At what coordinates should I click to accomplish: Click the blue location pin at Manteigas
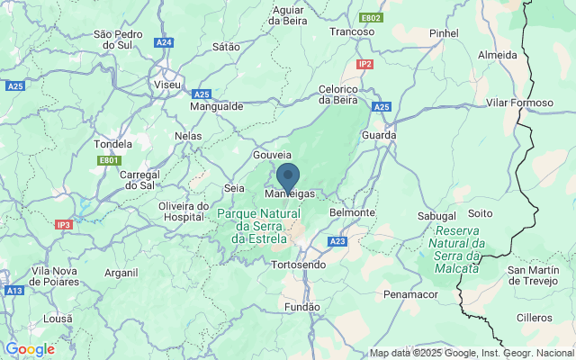[288, 176]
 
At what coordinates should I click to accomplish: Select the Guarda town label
[378, 135]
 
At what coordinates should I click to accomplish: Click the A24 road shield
[163, 42]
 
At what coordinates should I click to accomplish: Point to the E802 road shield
[371, 18]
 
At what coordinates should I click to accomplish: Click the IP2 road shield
[364, 64]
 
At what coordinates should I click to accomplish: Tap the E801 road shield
[109, 160]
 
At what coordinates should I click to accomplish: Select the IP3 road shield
[63, 224]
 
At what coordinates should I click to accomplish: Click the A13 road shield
[13, 291]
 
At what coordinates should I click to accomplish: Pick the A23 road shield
[337, 241]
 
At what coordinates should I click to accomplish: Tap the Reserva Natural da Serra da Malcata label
[454, 243]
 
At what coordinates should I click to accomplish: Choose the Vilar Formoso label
[519, 103]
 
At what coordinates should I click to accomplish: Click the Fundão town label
[301, 307]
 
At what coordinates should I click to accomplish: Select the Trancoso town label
[352, 31]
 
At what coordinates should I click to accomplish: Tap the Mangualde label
[217, 105]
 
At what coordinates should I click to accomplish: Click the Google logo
[30, 349]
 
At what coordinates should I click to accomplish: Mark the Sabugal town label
[437, 217]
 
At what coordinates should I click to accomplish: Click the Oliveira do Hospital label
[184, 211]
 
